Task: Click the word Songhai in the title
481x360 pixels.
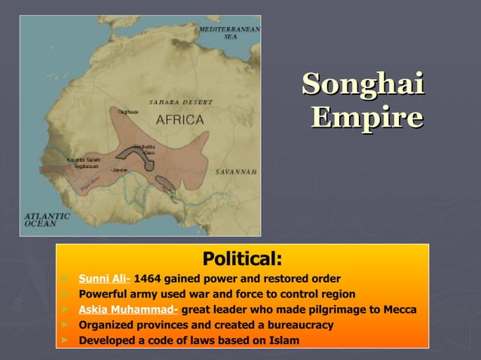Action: tap(363, 84)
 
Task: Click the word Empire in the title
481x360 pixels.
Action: tap(366, 117)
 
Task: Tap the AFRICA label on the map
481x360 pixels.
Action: tap(179, 119)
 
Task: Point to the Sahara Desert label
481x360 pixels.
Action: tap(180, 102)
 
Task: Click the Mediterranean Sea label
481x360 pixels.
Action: tap(230, 32)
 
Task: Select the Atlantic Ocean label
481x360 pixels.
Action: tap(47, 219)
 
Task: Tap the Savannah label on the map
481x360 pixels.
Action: tap(236, 172)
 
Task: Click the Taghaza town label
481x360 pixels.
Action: tap(127, 111)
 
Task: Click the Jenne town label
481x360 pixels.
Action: tap(120, 170)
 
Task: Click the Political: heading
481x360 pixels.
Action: tap(243, 260)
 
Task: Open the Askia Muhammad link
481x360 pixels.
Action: tap(128, 310)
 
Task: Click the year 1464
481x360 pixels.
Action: tap(149, 279)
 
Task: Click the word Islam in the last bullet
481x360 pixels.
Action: tap(283, 341)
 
